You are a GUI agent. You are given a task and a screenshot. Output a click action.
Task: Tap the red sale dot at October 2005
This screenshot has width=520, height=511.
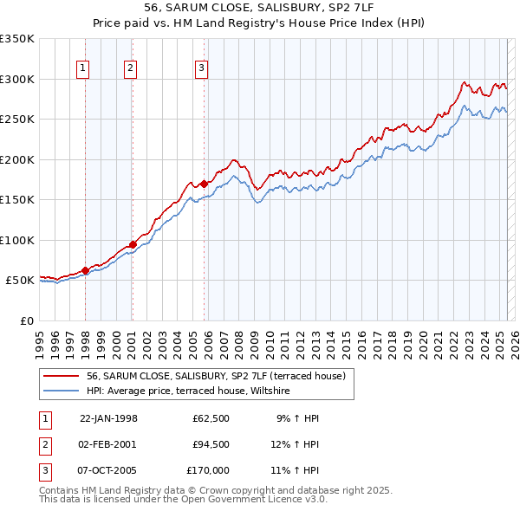coord(204,184)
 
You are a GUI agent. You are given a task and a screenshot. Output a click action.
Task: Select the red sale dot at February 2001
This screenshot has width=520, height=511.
coord(133,244)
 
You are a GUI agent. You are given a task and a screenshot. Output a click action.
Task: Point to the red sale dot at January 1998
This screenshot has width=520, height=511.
coord(86,270)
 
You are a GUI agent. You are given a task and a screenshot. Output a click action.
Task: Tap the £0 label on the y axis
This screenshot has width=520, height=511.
coord(25,320)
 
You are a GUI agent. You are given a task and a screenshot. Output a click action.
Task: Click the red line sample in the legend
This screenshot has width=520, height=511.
coord(62,376)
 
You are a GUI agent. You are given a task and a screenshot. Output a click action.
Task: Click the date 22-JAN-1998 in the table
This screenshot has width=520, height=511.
coord(108,418)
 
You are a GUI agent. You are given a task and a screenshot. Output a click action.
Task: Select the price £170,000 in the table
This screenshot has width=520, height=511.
coord(208,470)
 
